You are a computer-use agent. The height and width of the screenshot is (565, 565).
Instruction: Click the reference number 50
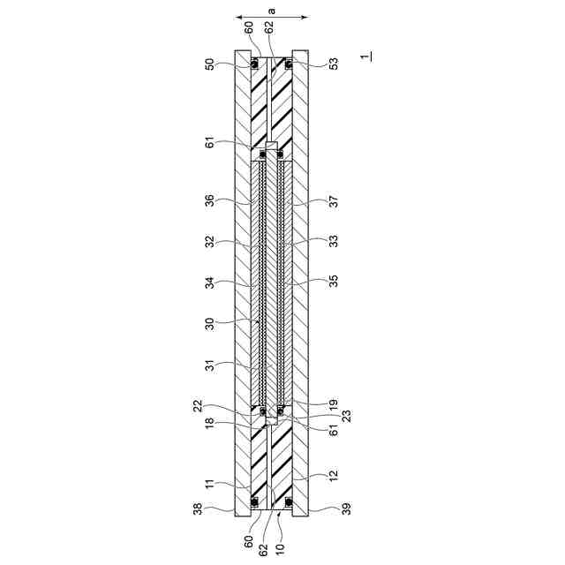210,64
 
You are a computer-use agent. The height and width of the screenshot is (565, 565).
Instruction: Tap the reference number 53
335,64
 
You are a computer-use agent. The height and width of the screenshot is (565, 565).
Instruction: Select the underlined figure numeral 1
366,56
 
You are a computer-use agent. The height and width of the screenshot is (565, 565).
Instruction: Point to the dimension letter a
272,11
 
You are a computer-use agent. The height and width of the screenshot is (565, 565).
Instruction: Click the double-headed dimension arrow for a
272,17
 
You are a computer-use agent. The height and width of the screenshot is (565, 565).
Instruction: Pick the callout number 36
210,200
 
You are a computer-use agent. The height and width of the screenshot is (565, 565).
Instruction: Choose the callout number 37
335,201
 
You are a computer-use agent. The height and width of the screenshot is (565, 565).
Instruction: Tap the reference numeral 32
210,241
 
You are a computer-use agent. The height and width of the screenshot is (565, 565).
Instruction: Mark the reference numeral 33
335,241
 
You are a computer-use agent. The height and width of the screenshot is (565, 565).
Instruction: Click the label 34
210,282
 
